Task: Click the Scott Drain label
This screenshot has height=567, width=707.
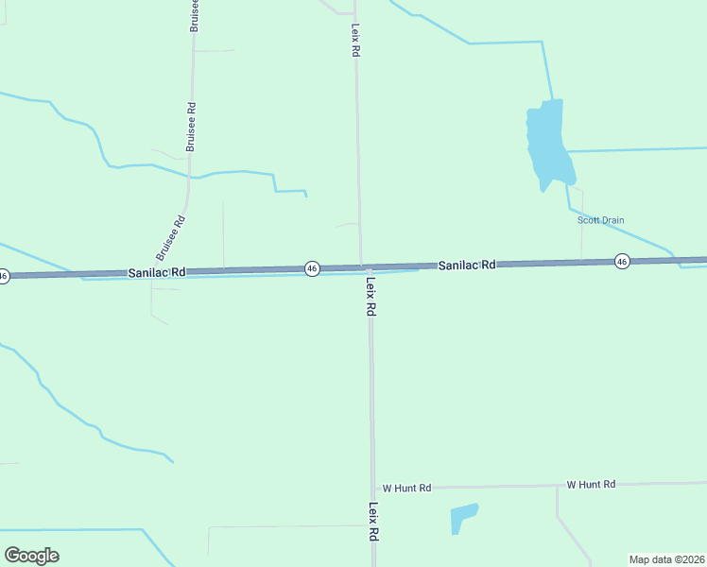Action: point(601,220)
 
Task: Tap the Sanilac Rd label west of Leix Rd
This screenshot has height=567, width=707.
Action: point(157,272)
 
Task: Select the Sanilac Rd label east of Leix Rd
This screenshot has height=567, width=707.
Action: point(467,266)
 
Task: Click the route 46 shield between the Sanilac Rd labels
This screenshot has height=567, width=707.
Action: point(312,269)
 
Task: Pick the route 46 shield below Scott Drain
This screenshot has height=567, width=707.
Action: point(621,261)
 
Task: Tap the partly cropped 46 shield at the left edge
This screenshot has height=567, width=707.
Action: point(4,276)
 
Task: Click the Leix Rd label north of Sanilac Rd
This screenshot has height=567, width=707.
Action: point(355,42)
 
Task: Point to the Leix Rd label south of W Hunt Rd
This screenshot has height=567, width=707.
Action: point(373,521)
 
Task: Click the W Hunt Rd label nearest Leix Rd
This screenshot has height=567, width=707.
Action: point(406,488)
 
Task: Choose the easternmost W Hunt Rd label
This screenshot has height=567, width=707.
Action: point(591,484)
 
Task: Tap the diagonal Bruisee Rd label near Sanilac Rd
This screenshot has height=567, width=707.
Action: point(171,239)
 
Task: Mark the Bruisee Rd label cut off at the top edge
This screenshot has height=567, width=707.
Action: point(194,16)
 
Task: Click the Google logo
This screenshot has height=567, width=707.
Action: point(31,556)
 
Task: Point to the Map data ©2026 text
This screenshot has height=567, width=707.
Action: point(665,559)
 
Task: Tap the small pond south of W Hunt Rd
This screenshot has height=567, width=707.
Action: point(462,516)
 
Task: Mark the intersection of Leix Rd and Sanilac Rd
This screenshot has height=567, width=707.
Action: point(361,267)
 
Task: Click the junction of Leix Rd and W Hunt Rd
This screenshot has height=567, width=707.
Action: point(372,489)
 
